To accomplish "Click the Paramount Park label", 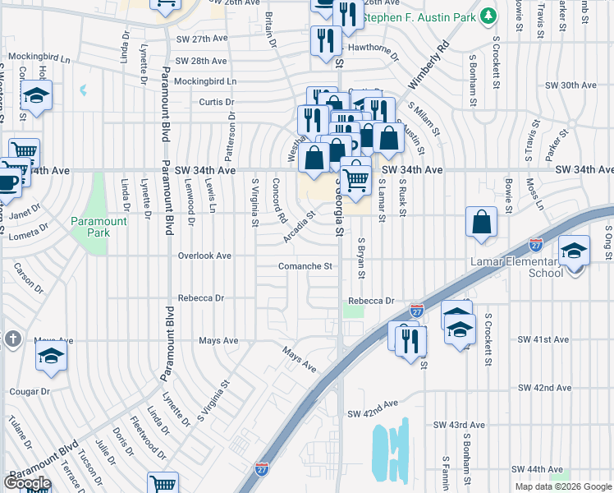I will pyautogui.click(x=99, y=227).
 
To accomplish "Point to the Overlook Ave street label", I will pyautogui.click(x=205, y=256).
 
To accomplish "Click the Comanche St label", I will pyautogui.click(x=305, y=266).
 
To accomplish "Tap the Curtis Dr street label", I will pyautogui.click(x=217, y=103).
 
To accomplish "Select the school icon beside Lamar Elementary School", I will pyautogui.click(x=575, y=250).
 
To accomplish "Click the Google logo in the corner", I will pyautogui.click(x=27, y=483).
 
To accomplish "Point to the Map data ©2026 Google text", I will pyautogui.click(x=563, y=486).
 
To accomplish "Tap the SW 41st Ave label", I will pyautogui.click(x=543, y=339).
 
